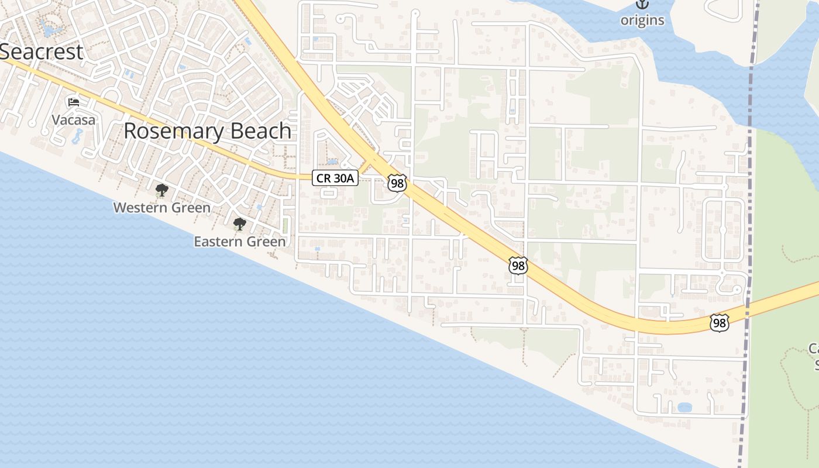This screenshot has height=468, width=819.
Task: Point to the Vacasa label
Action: pos(73,119)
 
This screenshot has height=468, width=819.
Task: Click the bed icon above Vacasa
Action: pos(74,102)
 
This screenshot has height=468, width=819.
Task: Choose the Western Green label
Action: pos(161,207)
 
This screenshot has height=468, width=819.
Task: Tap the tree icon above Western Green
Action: pos(161,190)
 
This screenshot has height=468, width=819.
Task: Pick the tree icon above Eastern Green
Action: pos(239,223)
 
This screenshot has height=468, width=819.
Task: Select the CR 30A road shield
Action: pos(335,178)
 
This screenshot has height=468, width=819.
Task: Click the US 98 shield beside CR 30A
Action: pos(397,183)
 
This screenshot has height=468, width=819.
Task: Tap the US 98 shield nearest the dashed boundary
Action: pos(720,322)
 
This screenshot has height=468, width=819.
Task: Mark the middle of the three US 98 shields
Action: pos(518,266)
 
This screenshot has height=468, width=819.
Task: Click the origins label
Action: pos(642,20)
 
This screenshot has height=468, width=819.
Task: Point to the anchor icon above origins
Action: pos(642,4)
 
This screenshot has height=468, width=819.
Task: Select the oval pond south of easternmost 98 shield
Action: pos(684,407)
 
